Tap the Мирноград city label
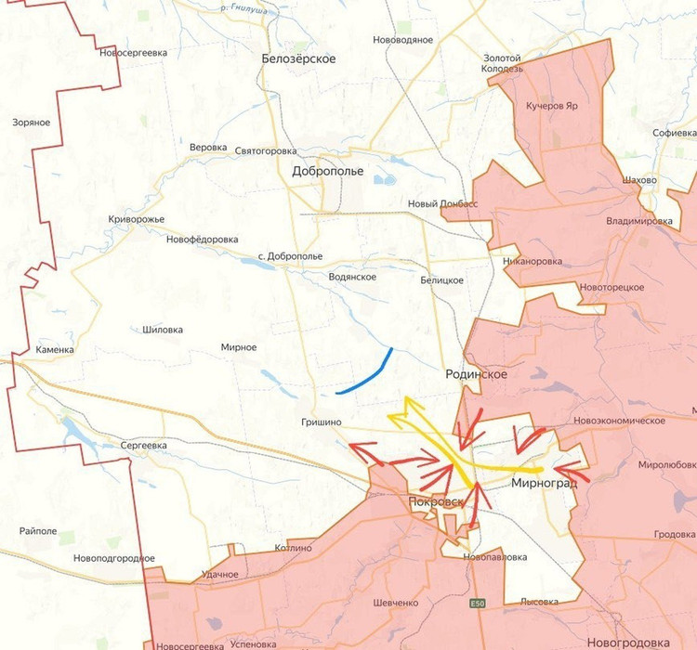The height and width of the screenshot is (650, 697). [544, 483]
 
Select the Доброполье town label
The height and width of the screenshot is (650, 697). [328, 171]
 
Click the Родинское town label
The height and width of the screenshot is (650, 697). [476, 373]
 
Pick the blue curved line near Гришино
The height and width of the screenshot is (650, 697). [365, 374]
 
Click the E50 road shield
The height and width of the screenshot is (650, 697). [478, 604]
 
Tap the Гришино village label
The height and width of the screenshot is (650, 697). [322, 422]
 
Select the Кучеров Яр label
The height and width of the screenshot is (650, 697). [552, 106]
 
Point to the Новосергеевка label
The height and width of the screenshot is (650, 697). [133, 53]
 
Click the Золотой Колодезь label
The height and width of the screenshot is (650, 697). [503, 63]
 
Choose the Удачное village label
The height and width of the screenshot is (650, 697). [219, 575]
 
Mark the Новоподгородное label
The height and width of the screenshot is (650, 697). [113, 558]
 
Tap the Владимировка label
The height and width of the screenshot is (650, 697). [639, 221]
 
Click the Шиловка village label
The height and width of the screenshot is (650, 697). [163, 329]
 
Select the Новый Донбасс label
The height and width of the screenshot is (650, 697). [442, 204]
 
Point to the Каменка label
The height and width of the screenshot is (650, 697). [54, 350]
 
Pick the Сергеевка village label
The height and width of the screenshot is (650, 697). [144, 446]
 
